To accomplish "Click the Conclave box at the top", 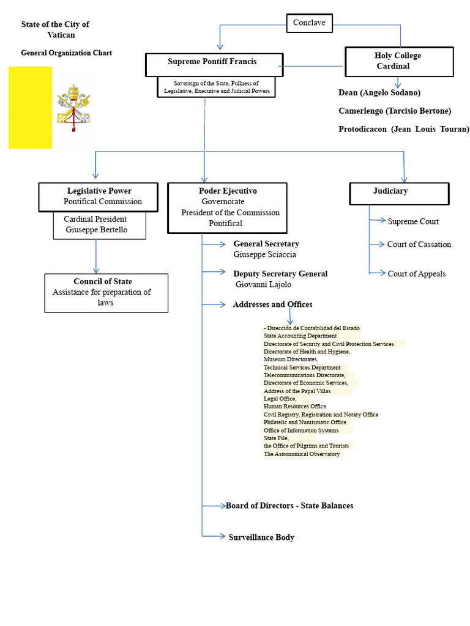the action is click(309, 23).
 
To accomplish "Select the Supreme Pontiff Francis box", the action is click(214, 65).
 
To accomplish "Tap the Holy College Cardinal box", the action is click(399, 62).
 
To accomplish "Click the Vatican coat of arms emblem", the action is click(73, 108).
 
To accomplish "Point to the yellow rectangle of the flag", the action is click(31, 108).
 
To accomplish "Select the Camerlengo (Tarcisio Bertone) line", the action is click(395, 111).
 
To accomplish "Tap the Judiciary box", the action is click(399, 194).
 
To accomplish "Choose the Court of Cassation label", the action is click(419, 245).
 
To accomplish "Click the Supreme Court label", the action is click(413, 221).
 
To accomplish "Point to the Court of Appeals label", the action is click(416, 274).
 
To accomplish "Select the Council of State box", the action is click(106, 293).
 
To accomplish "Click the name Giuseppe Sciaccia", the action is click(264, 255).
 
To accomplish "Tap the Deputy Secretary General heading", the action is click(280, 274).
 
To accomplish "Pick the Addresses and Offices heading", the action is click(272, 304).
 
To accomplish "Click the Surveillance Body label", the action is click(261, 537).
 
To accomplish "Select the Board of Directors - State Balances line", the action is click(289, 506).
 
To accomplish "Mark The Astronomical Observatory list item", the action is click(302, 454).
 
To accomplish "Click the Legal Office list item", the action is click(280, 399).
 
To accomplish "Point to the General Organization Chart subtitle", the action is click(66, 53).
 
